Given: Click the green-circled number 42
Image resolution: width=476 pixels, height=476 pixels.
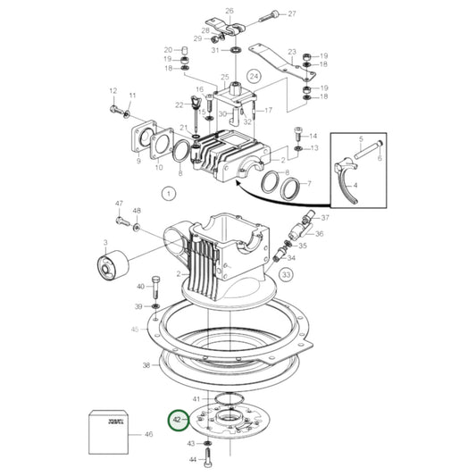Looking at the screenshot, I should pyautogui.click(x=178, y=419).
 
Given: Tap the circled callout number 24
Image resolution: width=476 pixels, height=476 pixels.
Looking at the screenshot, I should pyautogui.click(x=254, y=77).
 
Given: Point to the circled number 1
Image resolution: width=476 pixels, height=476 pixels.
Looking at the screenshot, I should pyautogui.click(x=168, y=191).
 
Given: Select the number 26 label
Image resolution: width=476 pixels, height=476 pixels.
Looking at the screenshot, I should pyautogui.click(x=229, y=11).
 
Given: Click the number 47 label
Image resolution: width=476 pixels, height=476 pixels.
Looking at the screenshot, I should pyautogui.click(x=118, y=205).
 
